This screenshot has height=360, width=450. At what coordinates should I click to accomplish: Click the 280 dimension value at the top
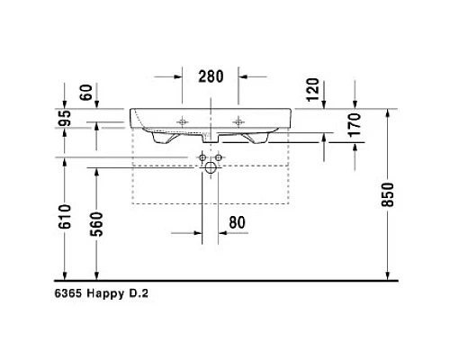click(x=211, y=76)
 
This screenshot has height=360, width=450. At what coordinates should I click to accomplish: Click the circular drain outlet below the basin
click(x=211, y=167)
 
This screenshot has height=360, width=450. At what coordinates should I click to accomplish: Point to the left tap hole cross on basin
click(x=183, y=121)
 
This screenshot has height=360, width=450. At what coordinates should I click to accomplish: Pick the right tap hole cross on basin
click(x=239, y=121)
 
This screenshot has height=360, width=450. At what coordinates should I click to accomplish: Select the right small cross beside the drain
click(x=220, y=157)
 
